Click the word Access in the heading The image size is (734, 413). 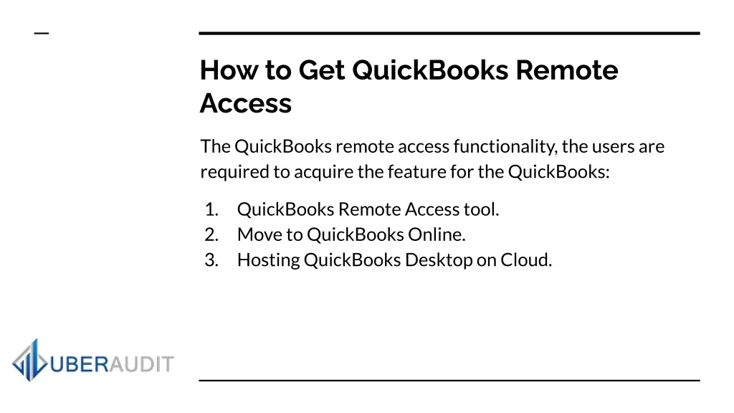pos(246,103)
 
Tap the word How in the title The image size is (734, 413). pos(229,70)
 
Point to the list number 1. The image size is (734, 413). pos(211,209)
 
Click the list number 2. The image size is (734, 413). pos(211,234)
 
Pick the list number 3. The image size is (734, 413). pos(211,260)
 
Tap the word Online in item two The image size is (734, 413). pos(437,234)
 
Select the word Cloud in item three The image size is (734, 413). pos(526,260)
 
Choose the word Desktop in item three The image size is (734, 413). pos(439,260)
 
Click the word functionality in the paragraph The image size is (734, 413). pos(505,147)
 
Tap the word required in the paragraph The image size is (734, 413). pos(235,172)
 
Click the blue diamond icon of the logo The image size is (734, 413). pos(30,360)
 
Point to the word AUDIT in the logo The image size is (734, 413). pos(141,364)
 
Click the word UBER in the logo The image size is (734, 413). pos(79,364)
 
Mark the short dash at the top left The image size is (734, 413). pos(42,33)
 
